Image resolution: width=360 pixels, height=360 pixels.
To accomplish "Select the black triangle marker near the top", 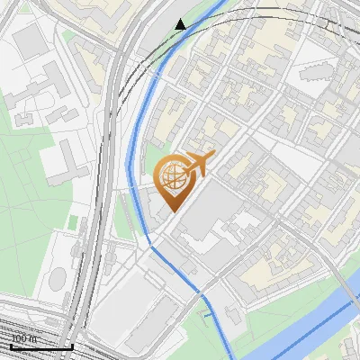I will click(181, 24).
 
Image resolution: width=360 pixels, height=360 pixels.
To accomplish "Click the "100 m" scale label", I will click(24, 338).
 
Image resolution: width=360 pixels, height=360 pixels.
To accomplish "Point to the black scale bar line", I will click(41, 346).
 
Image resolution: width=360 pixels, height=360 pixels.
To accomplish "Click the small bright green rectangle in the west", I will click(73, 221).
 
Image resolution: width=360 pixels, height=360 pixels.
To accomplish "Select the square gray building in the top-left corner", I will click(30, 40).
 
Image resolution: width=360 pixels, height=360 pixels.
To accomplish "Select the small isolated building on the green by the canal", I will click(236, 314).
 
